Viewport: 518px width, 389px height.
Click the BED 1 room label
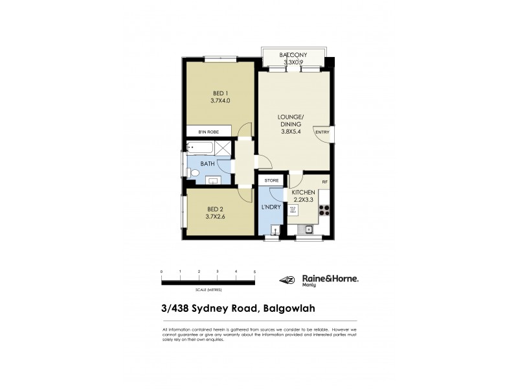(x=220, y=92)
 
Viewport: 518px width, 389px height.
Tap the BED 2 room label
(x=216, y=209)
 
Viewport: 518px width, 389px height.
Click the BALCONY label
(x=293, y=55)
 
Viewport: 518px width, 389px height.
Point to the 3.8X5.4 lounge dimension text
(x=291, y=132)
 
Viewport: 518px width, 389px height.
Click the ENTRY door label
(x=322, y=132)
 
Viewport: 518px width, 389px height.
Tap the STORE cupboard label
(x=272, y=180)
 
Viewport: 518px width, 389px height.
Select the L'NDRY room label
(x=270, y=207)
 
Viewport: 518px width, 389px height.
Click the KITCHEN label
(x=303, y=193)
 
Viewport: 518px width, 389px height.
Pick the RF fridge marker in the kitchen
(x=324, y=182)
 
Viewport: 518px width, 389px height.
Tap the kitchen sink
(x=309, y=229)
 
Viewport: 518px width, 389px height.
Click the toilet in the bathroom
(x=194, y=173)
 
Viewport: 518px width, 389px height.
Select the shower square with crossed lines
(x=222, y=148)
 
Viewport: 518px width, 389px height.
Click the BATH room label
(x=207, y=164)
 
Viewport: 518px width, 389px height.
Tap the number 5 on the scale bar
(x=254, y=271)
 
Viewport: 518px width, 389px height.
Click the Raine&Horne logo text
(x=330, y=277)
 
